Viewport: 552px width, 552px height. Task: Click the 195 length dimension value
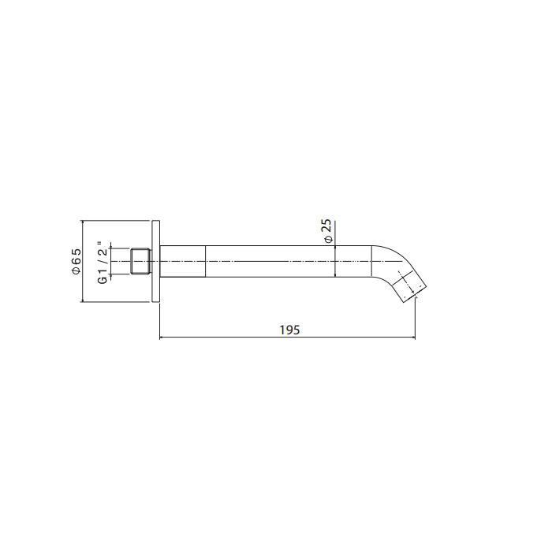289,330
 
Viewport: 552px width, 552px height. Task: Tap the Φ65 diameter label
76,261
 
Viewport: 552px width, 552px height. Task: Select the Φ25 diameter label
328,230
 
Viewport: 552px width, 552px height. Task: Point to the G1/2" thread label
102,263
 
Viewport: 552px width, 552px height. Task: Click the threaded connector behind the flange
141,261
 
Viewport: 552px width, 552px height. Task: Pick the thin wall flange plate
156,261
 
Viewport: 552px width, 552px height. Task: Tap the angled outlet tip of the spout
414,289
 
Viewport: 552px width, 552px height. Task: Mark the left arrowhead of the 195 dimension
162,338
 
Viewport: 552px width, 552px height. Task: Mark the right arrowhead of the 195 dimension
413,338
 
